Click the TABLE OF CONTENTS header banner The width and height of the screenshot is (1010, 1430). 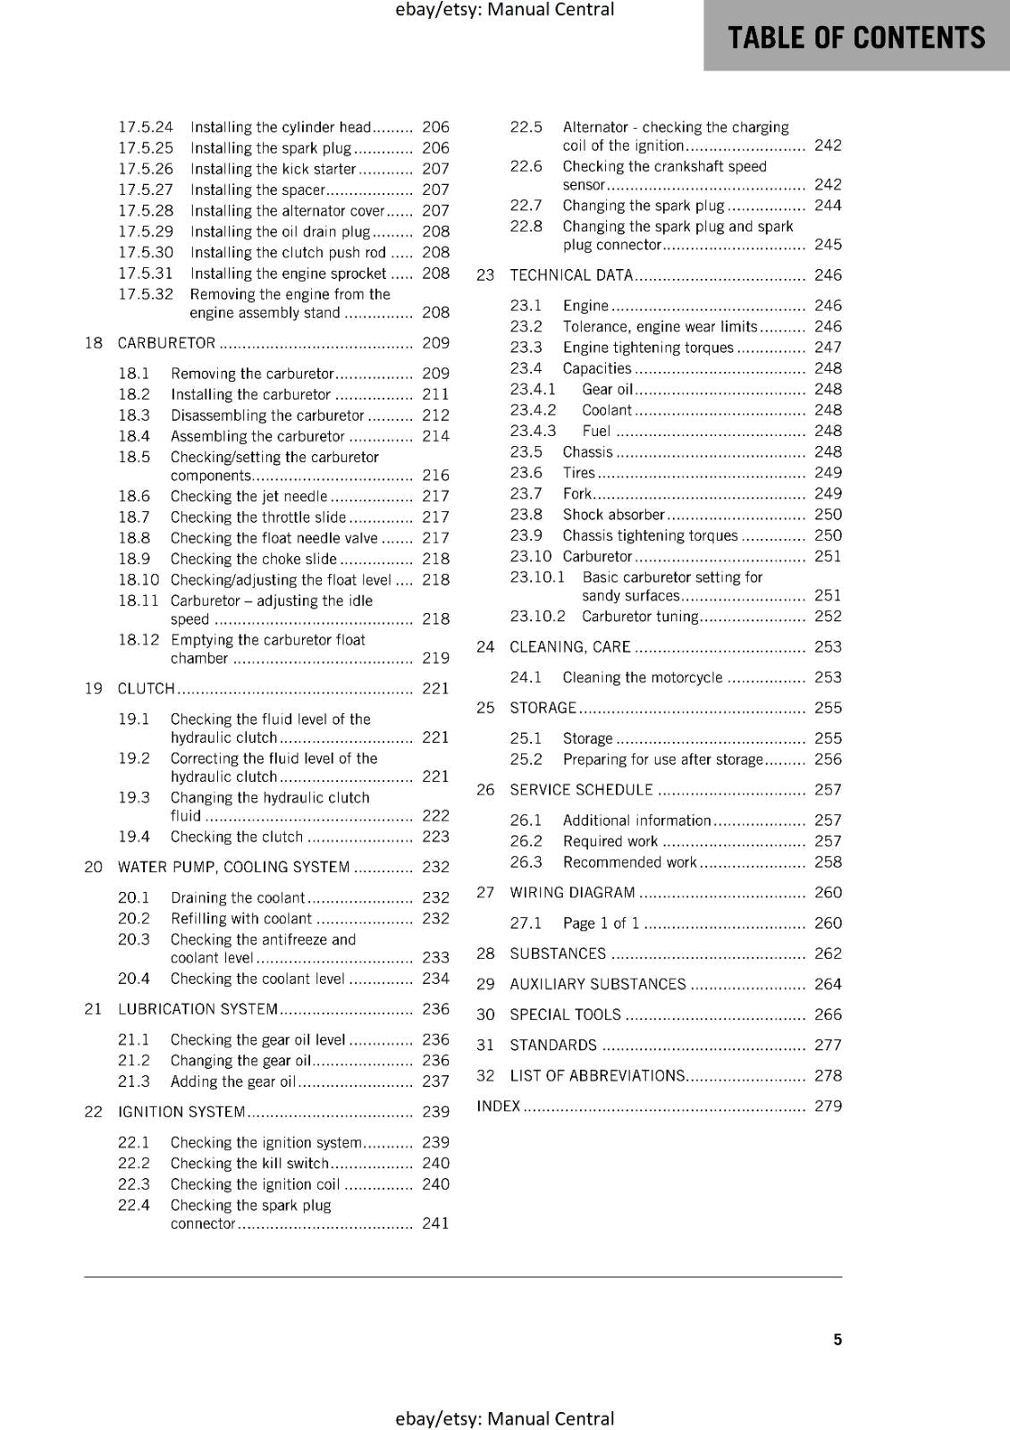tap(856, 37)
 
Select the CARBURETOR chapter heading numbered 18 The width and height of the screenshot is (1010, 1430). tap(166, 343)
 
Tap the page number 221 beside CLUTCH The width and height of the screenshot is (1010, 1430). tap(435, 688)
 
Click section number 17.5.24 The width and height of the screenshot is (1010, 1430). tap(146, 127)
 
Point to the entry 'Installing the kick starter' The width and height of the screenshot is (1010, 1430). tap(273, 169)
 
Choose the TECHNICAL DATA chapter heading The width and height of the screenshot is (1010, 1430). tap(570, 275)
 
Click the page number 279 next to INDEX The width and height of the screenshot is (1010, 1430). tap(828, 1106)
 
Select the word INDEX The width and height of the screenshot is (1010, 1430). tap(499, 1106)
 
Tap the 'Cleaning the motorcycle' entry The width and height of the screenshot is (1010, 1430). tap(642, 677)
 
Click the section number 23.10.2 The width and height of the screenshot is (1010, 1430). tap(537, 616)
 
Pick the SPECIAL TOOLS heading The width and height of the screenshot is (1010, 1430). tap(565, 1014)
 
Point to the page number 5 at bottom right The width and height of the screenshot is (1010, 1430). tap(837, 1339)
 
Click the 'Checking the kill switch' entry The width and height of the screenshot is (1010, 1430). tap(249, 1163)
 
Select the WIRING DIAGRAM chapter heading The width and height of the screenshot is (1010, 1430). tap(572, 892)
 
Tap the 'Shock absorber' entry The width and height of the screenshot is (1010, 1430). tap(613, 515)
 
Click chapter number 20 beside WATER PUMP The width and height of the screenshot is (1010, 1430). tap(93, 867)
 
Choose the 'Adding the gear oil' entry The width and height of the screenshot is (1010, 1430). tap(232, 1081)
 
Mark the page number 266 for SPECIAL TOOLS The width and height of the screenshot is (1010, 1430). tap(828, 1014)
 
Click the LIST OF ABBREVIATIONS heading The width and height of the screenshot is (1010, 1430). tap(597, 1075)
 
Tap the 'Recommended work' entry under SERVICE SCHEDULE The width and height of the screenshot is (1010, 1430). tap(629, 862)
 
